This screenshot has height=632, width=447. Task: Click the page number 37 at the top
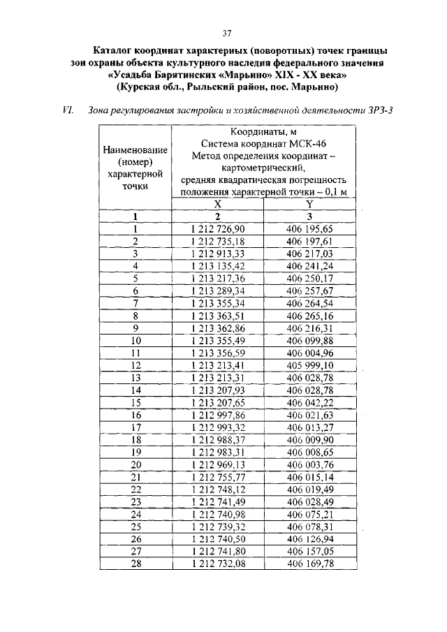(x=226, y=33)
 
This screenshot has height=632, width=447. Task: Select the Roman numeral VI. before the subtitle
(x=68, y=110)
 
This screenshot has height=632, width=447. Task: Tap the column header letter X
(x=217, y=204)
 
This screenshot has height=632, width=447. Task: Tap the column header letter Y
(x=309, y=204)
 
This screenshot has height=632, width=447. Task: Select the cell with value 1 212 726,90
(x=217, y=229)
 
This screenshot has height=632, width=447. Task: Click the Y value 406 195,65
(x=309, y=229)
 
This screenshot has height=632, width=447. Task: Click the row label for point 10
(x=136, y=341)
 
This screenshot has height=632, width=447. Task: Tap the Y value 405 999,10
(x=309, y=365)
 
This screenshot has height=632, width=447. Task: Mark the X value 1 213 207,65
(x=217, y=403)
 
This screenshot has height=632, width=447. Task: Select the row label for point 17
(x=136, y=427)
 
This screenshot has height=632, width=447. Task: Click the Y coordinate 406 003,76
(x=309, y=464)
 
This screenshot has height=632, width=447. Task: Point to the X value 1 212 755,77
(x=217, y=477)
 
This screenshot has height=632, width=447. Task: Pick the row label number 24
(x=136, y=515)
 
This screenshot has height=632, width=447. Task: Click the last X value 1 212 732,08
(x=217, y=564)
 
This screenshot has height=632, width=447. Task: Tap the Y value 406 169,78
(x=309, y=564)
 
